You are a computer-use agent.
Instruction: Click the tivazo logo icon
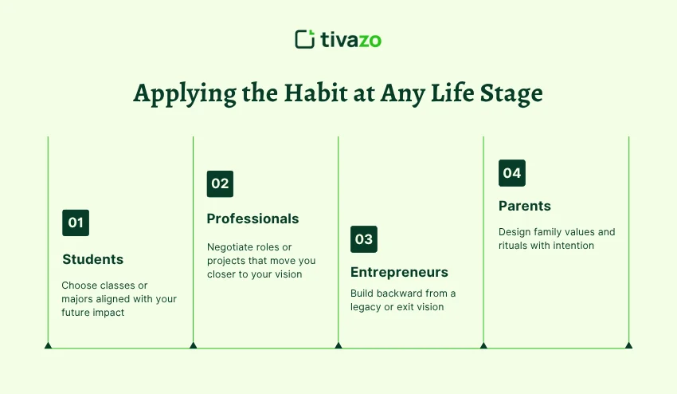304,39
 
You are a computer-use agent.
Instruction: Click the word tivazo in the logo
350,39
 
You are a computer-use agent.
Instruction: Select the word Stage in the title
507,94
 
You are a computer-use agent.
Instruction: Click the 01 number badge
76,223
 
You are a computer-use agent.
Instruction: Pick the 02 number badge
220,183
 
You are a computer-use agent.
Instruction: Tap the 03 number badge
364,238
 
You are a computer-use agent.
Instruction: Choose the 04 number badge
512,173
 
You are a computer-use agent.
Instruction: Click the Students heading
93,259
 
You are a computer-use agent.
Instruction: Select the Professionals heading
253,219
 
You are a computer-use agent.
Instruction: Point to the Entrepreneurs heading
399,272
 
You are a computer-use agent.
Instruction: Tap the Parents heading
525,206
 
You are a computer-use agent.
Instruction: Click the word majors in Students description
79,299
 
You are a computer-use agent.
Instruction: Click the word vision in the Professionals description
287,274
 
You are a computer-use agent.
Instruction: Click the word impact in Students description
109,313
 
